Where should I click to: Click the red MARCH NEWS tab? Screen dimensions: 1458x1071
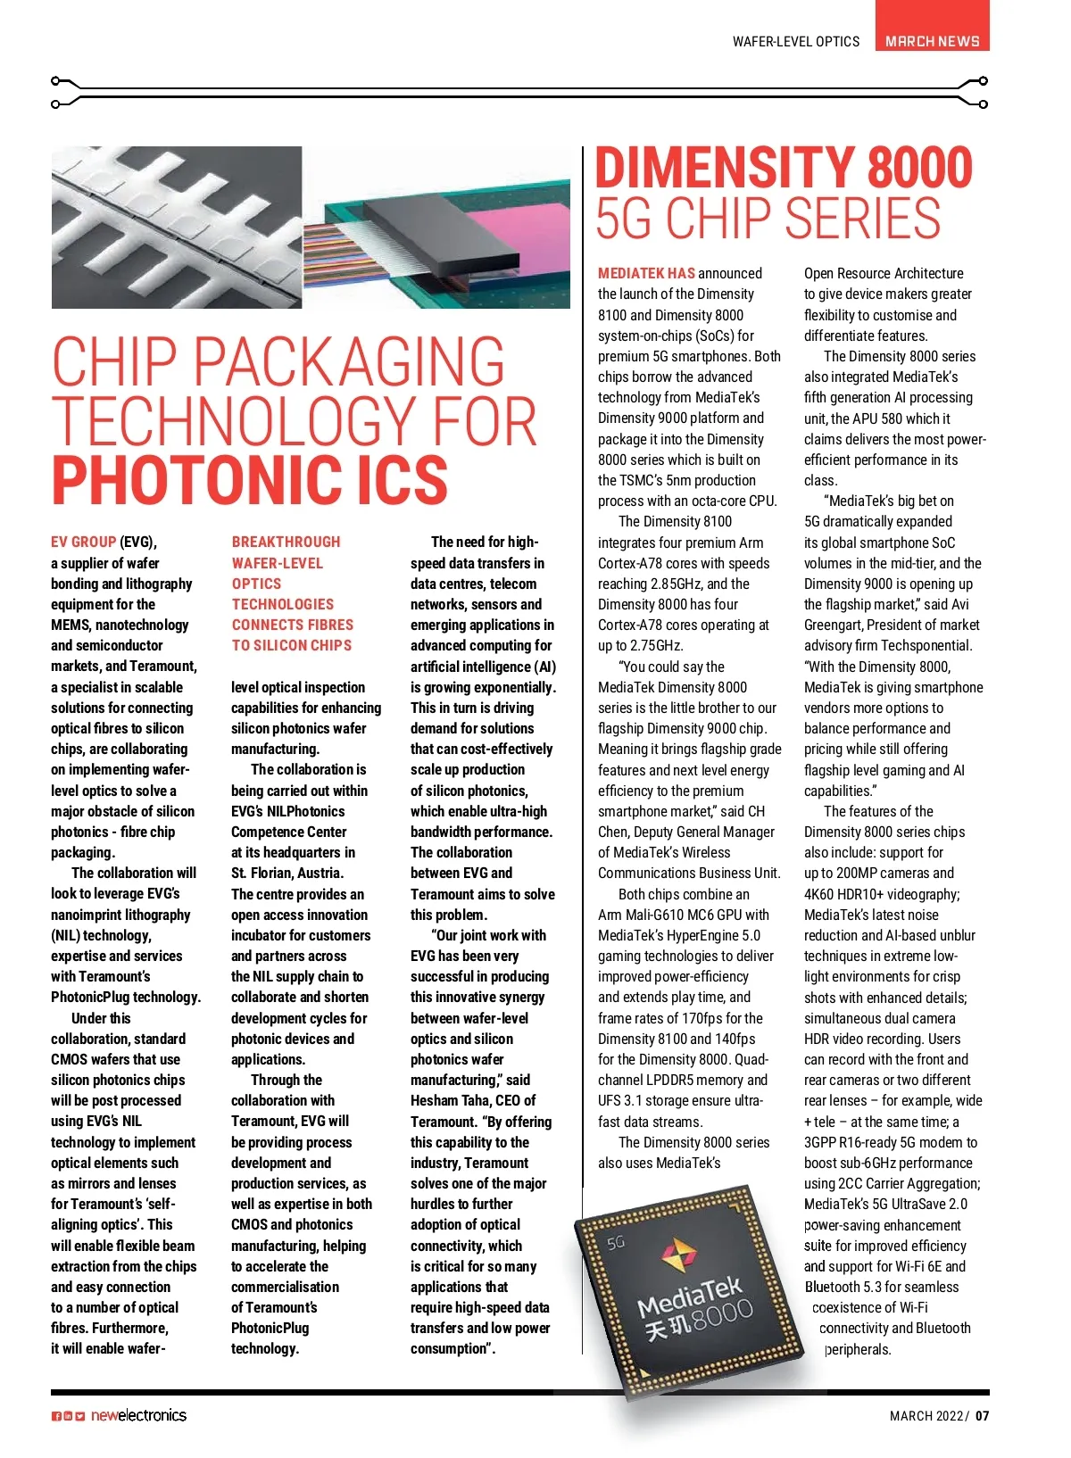tap(932, 41)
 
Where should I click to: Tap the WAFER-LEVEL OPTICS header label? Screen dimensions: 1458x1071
tap(795, 42)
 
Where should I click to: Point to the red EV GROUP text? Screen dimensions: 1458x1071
tap(83, 542)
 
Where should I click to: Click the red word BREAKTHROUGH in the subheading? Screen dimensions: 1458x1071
tap(286, 542)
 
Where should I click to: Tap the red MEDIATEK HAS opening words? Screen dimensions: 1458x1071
tap(646, 273)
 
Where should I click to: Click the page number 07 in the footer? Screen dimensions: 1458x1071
tap(982, 1416)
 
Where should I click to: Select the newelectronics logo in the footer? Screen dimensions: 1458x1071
tap(138, 1415)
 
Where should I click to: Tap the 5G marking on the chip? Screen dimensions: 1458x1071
tap(616, 1243)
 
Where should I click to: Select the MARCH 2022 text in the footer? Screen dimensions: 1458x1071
tap(927, 1416)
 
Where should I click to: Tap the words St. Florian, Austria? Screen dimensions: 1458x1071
tap(286, 873)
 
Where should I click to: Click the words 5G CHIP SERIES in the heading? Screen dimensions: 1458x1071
tap(768, 219)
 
